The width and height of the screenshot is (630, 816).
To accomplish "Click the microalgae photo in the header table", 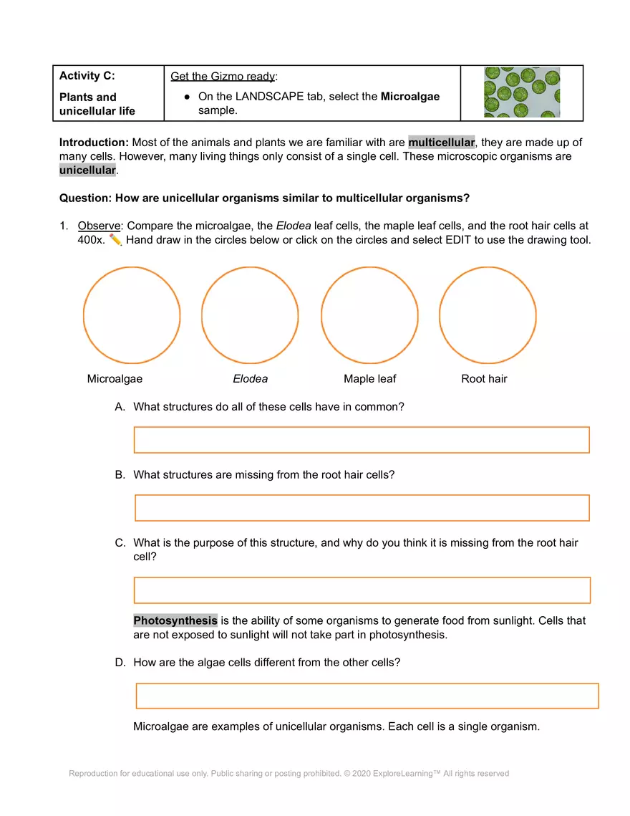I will (x=522, y=92).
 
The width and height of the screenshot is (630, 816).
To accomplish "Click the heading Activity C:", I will (x=87, y=76).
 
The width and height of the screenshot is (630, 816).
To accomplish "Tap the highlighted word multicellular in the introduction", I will (x=441, y=143).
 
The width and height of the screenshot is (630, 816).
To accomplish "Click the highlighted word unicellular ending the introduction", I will (x=87, y=170).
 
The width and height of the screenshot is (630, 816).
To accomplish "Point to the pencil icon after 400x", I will (x=116, y=240).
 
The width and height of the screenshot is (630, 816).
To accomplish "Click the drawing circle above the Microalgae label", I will (x=132, y=315).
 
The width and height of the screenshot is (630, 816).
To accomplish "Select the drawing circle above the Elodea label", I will (x=250, y=315).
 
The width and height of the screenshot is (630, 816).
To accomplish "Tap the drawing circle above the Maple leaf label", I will (x=369, y=315).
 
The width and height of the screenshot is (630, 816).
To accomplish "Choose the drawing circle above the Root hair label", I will (x=488, y=315).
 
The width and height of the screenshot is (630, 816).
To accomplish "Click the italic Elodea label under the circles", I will (x=250, y=379).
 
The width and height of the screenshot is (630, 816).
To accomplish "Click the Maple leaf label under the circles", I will (x=369, y=379).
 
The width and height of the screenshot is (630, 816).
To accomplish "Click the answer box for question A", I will (x=362, y=440).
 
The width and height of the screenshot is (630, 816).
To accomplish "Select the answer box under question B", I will (x=362, y=508).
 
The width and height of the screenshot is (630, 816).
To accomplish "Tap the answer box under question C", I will (x=362, y=590).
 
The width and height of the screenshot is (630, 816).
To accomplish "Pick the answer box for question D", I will (x=367, y=696).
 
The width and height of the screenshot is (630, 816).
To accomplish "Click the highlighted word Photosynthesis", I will (x=175, y=620).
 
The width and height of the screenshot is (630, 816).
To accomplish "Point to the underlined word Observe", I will (x=99, y=226).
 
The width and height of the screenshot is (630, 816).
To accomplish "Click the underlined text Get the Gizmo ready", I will (x=223, y=77).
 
